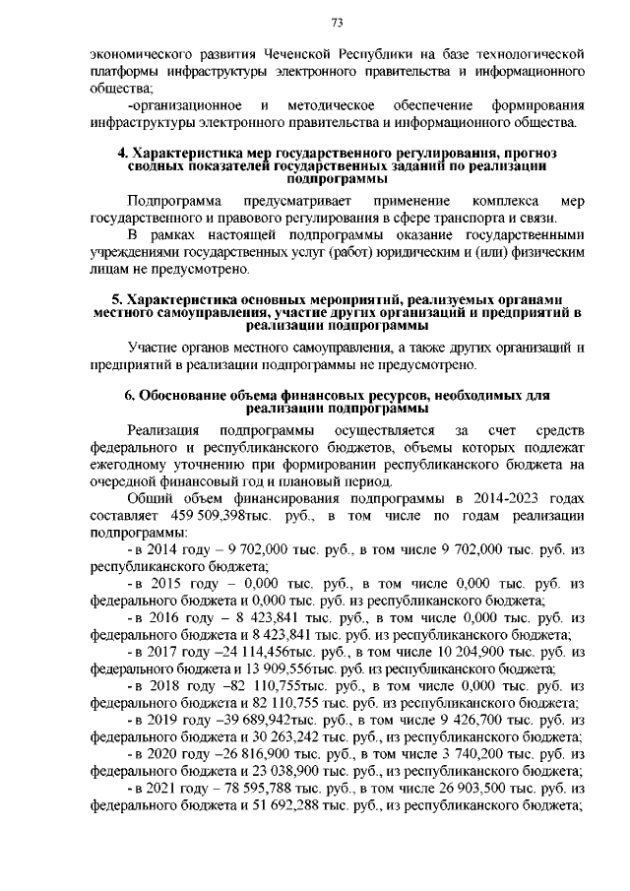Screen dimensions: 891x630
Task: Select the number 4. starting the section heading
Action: (122, 154)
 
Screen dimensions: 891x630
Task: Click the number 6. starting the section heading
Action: (129, 395)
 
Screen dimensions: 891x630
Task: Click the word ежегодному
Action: (127, 465)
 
